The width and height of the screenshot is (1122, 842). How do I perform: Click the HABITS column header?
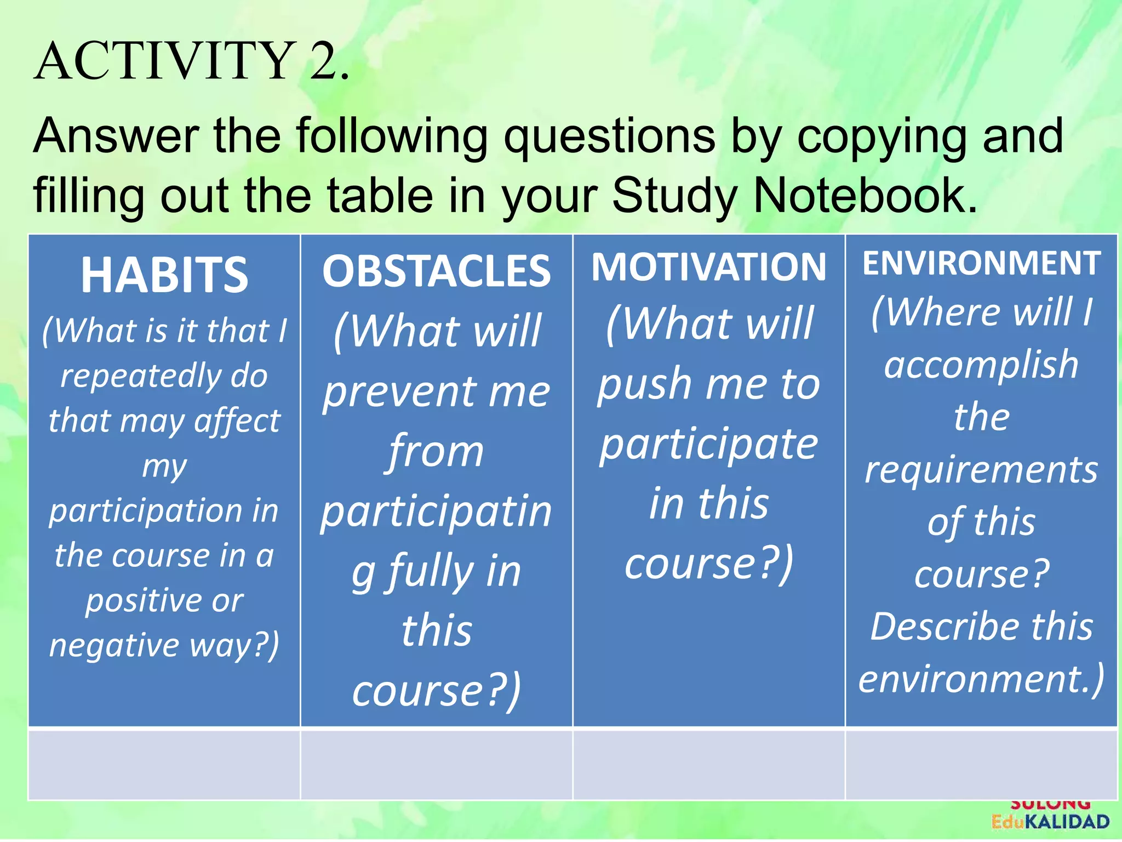164,275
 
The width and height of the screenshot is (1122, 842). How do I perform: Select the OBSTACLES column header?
436,271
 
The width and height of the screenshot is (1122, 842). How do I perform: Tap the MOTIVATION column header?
708,267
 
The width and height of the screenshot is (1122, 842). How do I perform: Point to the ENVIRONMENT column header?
981,263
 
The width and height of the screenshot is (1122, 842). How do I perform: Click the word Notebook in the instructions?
865,196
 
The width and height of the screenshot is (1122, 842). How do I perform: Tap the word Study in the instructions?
674,196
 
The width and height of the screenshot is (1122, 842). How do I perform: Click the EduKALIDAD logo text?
1050,822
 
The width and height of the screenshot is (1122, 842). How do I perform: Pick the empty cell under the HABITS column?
164,764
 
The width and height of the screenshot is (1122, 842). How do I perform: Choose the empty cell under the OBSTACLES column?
436,764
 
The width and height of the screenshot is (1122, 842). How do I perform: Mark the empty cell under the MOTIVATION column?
708,764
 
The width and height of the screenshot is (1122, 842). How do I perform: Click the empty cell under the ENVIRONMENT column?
981,764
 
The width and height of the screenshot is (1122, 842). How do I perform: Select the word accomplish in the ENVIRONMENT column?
981,365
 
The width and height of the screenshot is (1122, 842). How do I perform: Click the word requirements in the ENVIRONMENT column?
981,470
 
